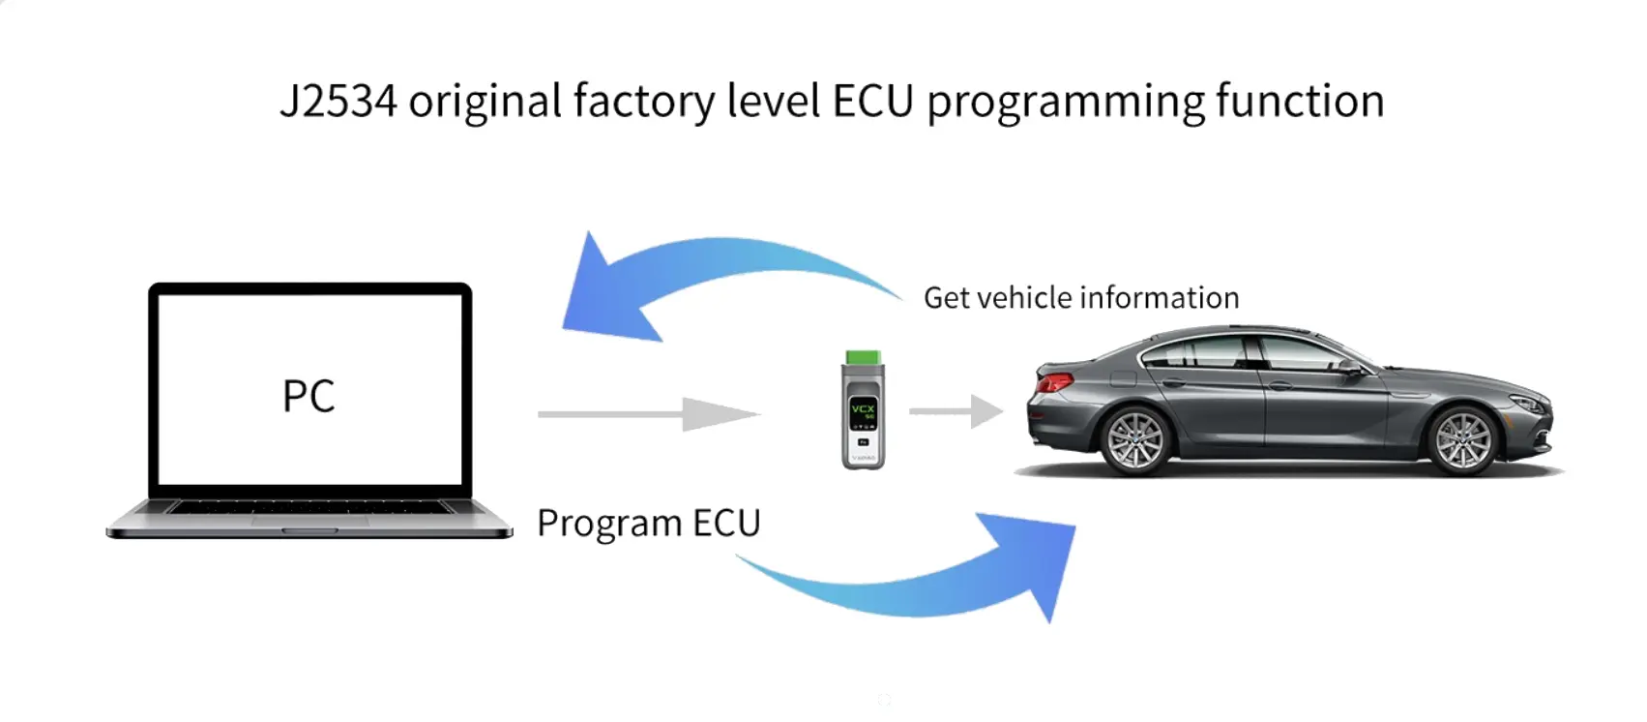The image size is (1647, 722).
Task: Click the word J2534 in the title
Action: [338, 102]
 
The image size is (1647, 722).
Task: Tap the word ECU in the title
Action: [872, 102]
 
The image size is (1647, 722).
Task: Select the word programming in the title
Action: [1065, 104]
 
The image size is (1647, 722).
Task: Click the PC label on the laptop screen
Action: [309, 396]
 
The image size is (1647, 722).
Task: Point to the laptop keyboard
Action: [309, 507]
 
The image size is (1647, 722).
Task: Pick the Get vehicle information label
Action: [1080, 298]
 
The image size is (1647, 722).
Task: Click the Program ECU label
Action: [648, 524]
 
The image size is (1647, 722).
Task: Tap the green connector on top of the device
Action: [863, 359]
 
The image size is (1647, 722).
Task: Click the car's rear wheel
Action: [1135, 440]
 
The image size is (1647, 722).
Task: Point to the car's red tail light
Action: [1054, 382]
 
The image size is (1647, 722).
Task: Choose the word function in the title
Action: [1299, 102]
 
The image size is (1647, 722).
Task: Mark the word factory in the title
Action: [643, 102]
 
